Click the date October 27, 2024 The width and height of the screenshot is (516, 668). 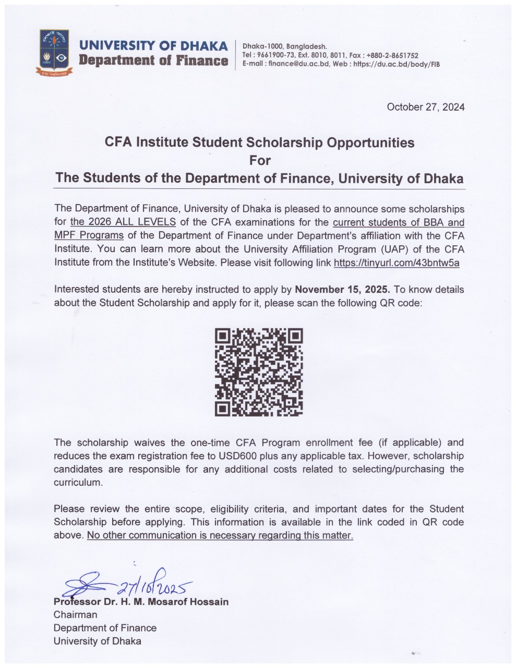point(425,107)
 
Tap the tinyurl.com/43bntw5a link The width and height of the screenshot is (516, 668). point(396,263)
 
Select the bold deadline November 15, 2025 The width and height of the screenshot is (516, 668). point(343,290)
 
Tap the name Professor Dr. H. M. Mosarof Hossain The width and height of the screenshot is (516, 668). point(141,602)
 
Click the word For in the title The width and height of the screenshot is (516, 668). point(259,160)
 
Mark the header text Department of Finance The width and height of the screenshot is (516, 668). point(153,61)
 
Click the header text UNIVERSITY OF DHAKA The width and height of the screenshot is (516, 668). point(153,45)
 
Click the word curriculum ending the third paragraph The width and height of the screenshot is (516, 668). point(77,482)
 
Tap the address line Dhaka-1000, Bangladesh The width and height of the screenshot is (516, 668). point(285,46)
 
